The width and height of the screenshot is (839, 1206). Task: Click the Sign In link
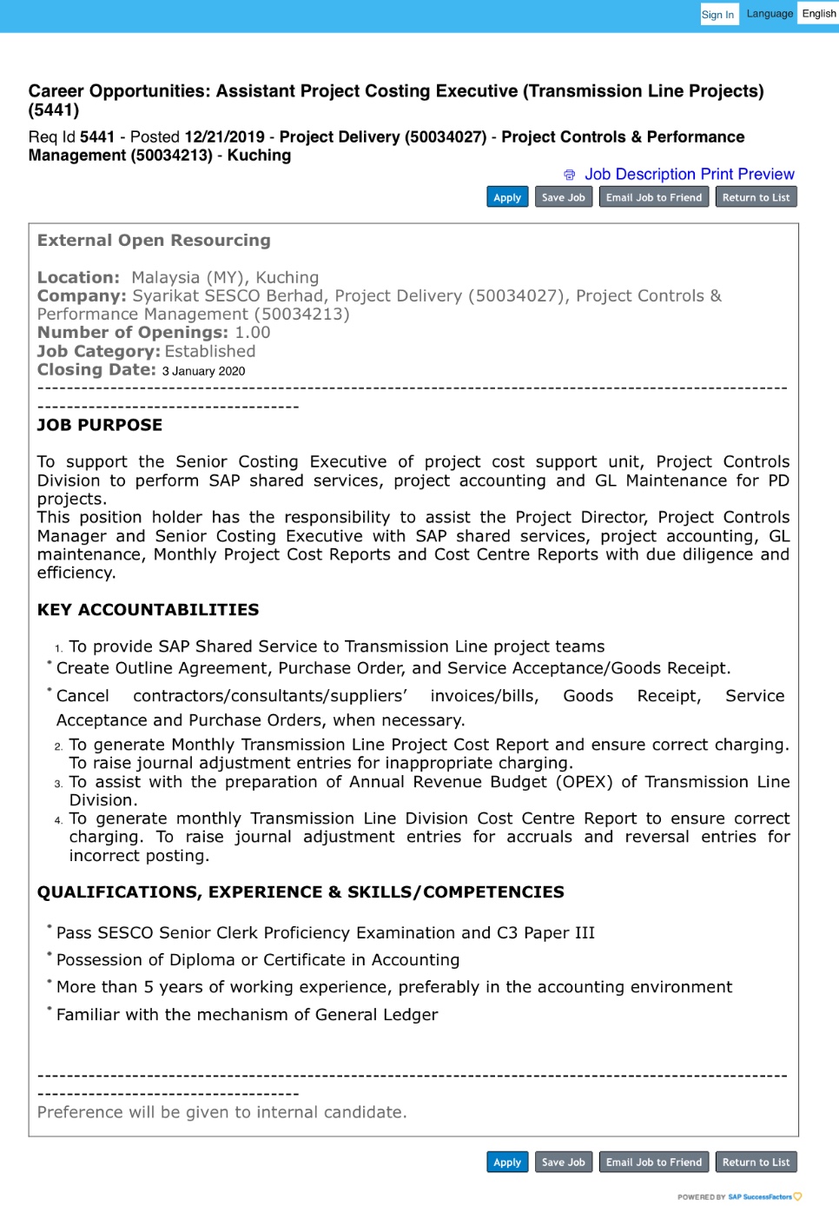[718, 15]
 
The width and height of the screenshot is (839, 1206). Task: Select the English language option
[818, 14]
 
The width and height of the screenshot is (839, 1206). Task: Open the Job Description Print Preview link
[689, 175]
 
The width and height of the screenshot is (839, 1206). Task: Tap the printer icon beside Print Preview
[570, 176]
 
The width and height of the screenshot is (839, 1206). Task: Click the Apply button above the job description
[507, 198]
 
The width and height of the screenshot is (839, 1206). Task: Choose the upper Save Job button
[563, 198]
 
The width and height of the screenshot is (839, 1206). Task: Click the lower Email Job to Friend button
[653, 1163]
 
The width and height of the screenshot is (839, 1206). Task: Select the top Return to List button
[756, 198]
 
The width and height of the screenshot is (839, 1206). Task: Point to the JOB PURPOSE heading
[100, 426]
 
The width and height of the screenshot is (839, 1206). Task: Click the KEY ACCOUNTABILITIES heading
[148, 610]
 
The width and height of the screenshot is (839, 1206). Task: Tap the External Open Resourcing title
[154, 241]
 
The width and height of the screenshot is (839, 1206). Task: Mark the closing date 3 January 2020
[203, 372]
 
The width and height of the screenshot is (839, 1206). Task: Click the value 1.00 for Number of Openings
[253, 333]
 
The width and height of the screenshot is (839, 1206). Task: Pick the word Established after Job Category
[210, 352]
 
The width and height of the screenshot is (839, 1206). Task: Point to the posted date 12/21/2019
[224, 137]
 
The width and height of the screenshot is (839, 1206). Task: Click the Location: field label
[78, 278]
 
